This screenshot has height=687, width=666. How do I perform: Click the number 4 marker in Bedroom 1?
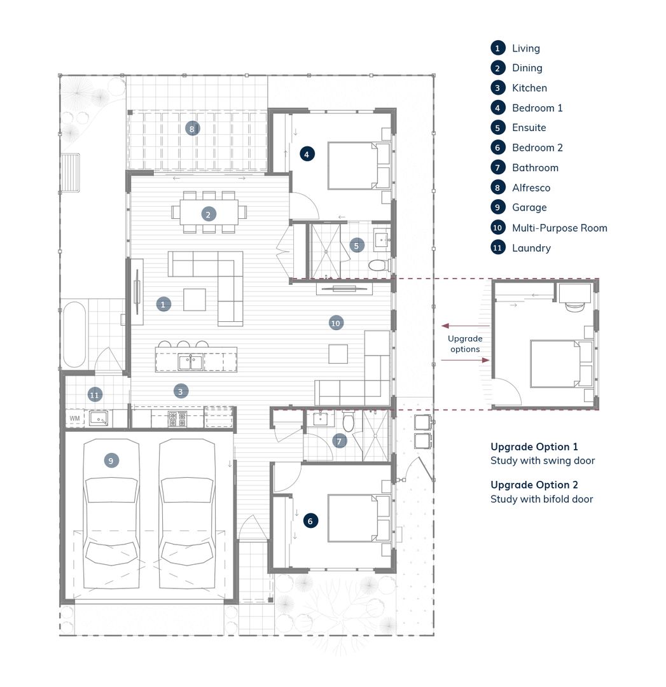(307, 154)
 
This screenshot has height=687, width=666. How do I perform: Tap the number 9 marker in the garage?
(111, 461)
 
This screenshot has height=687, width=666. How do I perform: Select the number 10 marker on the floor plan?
(336, 323)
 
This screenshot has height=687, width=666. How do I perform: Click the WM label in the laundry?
(75, 419)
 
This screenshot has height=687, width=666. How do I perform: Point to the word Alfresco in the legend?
(531, 188)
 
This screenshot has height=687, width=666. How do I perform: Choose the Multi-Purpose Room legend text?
(560, 228)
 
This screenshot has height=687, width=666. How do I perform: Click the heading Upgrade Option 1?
(534, 447)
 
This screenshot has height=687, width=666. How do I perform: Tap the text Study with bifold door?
(541, 499)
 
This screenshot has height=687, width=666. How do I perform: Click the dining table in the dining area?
(209, 212)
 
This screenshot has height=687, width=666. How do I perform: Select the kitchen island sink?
(190, 363)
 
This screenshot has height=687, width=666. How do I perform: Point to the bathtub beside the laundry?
(74, 335)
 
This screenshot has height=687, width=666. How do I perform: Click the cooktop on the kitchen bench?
(177, 419)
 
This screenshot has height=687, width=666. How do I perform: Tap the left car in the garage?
(111, 513)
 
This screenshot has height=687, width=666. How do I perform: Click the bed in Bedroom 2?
(352, 518)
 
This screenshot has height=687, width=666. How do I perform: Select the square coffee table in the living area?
(195, 300)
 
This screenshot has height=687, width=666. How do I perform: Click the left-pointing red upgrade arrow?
(466, 326)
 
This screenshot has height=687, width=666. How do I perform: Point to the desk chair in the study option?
(574, 307)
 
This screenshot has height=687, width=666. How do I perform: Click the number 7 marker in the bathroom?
(339, 441)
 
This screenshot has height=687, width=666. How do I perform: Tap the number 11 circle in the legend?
(497, 248)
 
